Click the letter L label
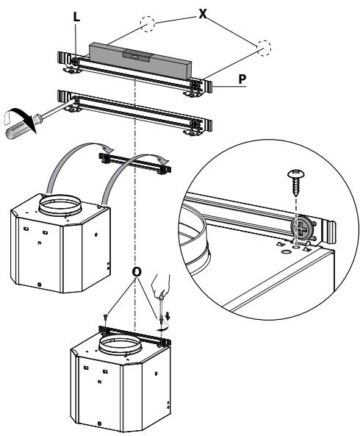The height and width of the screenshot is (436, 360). coord(75,15)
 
